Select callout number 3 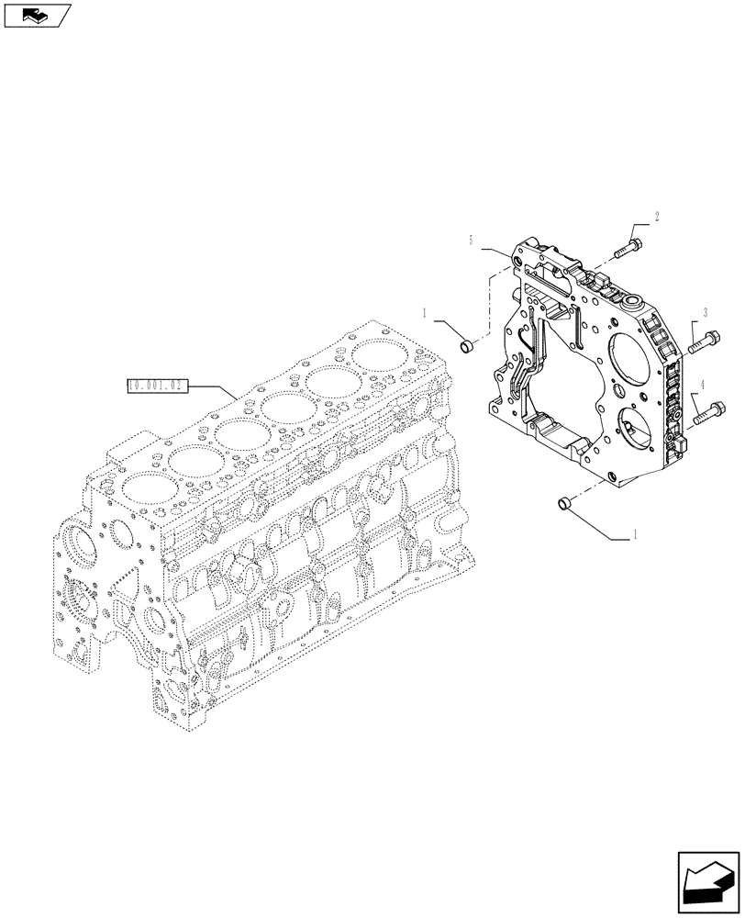click(704, 312)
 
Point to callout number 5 click(471, 241)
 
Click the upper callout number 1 click(426, 314)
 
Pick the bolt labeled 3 click(703, 341)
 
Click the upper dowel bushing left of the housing click(467, 346)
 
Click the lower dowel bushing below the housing click(566, 502)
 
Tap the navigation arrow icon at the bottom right click(708, 880)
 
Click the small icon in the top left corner click(36, 14)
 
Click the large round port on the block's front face click(79, 552)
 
